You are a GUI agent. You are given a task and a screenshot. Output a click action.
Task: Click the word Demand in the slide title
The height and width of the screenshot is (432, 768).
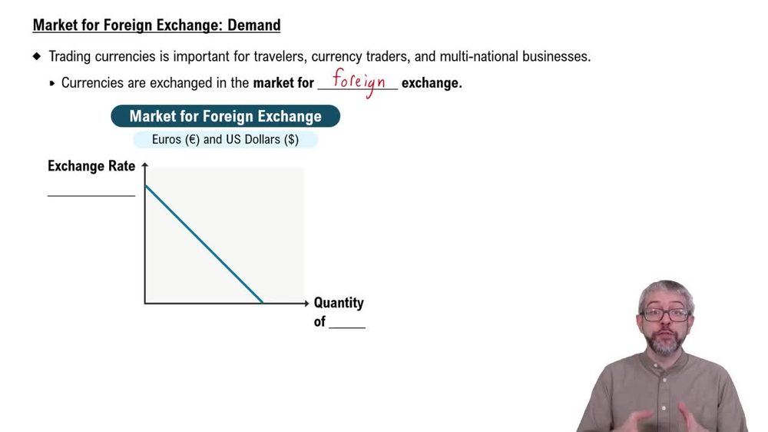[x=253, y=25]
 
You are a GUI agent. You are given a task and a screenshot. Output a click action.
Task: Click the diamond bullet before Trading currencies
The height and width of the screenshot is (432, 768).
[x=37, y=56]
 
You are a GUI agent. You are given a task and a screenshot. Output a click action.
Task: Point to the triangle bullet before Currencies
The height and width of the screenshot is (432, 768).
[x=52, y=83]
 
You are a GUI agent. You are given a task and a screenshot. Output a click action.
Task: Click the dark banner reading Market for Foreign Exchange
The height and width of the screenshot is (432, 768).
[x=225, y=117]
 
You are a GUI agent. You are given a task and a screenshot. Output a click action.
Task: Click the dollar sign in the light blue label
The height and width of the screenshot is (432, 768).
[x=291, y=140]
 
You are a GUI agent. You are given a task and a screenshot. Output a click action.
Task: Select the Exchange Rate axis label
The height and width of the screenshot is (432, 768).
[x=91, y=166]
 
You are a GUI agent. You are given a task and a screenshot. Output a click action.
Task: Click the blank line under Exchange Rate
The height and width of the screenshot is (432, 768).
[x=91, y=194]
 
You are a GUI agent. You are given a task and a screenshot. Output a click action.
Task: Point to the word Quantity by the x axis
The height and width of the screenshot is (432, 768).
[x=339, y=303]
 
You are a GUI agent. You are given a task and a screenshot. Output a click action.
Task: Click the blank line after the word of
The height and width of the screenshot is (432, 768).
[x=347, y=327]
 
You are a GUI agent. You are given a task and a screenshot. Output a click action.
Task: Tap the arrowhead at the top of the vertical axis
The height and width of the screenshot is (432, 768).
[x=145, y=165]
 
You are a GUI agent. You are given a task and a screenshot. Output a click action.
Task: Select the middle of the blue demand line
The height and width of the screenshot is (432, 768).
[x=204, y=244]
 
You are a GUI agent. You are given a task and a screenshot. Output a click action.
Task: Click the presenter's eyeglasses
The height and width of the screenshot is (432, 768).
[x=666, y=314]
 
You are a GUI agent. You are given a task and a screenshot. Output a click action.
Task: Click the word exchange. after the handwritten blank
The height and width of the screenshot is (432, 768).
[x=432, y=83]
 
